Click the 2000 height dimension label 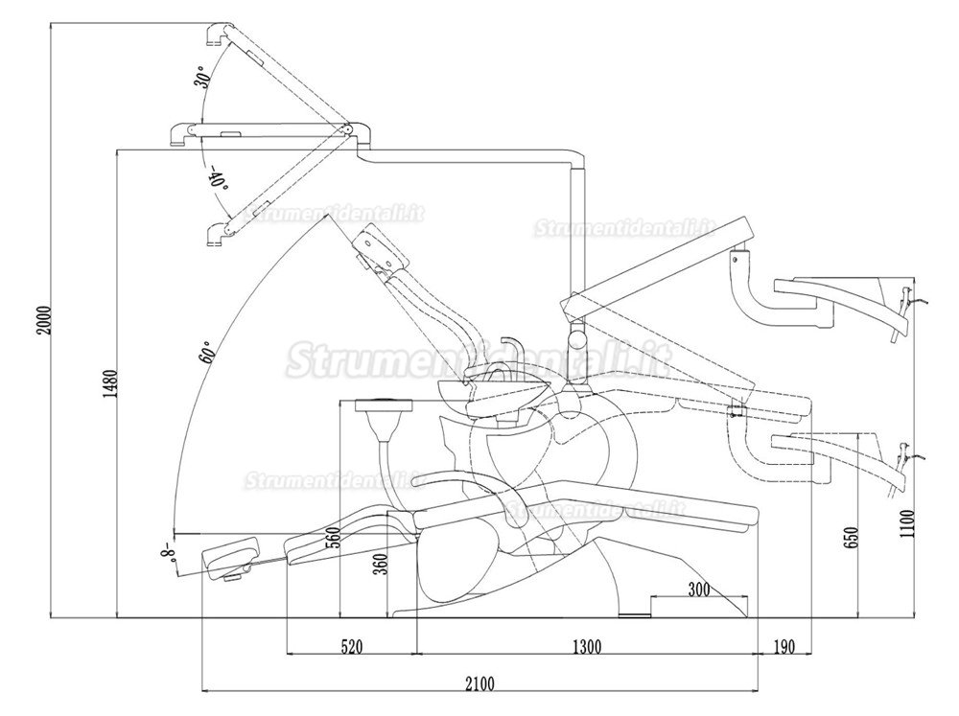44,320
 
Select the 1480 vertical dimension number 109,384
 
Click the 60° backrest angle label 208,353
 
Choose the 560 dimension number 333,538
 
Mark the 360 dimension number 381,564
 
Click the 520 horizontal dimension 352,646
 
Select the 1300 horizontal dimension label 587,646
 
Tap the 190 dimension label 784,646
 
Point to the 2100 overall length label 479,683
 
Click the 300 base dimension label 698,589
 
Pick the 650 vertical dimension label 854,537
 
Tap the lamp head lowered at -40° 217,235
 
